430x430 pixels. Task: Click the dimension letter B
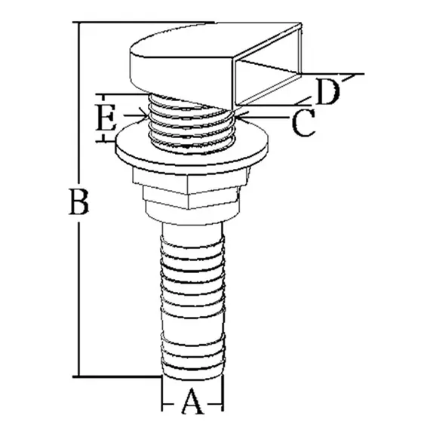coord(78,202)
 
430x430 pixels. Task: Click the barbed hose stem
coord(192,294)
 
